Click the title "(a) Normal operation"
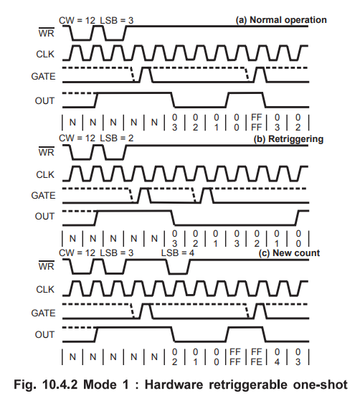[281, 20]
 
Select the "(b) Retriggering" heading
[288, 139]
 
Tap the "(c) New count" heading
[289, 253]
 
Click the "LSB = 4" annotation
[178, 253]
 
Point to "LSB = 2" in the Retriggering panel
[117, 138]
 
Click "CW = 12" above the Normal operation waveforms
[77, 21]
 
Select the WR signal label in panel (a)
[47, 32]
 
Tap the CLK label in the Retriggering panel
[45, 175]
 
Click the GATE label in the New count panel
[43, 313]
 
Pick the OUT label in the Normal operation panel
[44, 100]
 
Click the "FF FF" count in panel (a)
[257, 123]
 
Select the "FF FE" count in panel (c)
[257, 357]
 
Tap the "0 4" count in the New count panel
[278, 357]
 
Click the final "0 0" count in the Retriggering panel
[298, 238]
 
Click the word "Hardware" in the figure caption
[174, 384]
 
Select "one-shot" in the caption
[320, 384]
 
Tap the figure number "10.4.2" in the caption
[60, 384]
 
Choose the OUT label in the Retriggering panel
[44, 216]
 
